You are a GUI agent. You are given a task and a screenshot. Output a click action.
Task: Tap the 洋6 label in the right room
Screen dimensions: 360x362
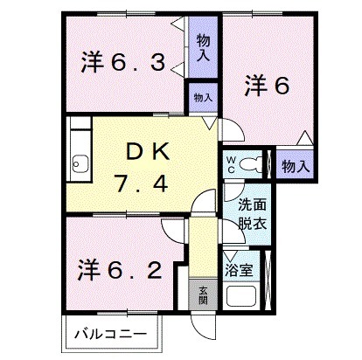point(266,85)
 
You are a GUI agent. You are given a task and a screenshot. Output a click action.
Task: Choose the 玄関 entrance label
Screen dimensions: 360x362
point(202,295)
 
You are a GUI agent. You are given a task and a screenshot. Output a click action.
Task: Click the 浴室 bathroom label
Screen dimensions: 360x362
point(240,269)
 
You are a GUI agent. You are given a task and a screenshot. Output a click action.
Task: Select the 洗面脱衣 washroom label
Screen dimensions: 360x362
point(253,214)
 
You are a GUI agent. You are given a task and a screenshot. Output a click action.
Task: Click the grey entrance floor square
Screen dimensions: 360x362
point(202,295)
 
